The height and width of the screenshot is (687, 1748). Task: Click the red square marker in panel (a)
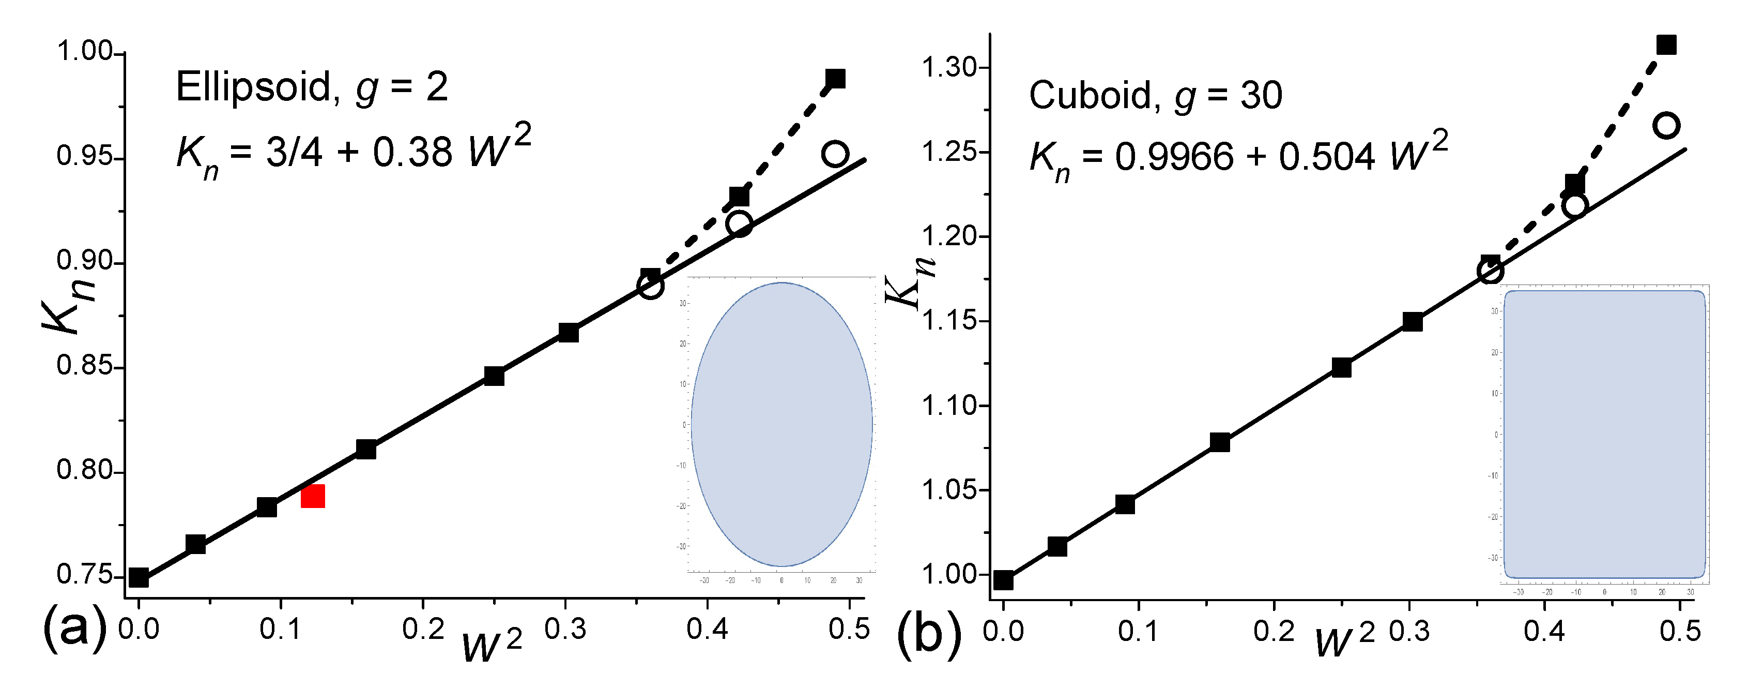click(313, 496)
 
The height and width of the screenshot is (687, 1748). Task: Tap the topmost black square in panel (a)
click(835, 79)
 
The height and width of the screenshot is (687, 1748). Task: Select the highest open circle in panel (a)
click(835, 154)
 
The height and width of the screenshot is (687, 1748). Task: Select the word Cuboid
click(1090, 95)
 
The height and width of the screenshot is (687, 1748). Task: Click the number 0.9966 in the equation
click(1174, 157)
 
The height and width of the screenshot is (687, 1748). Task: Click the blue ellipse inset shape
click(781, 424)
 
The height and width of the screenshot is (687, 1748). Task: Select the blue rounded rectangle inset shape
click(1604, 435)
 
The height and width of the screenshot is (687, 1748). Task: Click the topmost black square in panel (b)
click(1666, 45)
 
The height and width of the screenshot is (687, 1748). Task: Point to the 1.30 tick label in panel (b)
click(948, 68)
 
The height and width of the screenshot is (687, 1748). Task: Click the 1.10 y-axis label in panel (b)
click(948, 406)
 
